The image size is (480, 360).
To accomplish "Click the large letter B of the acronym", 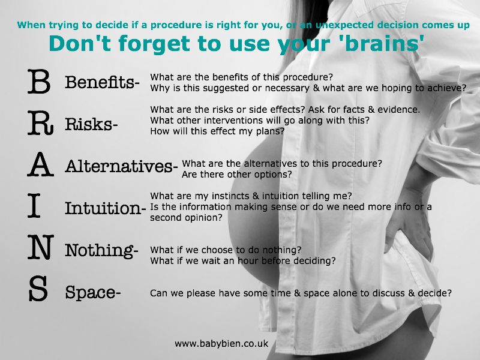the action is [x=39, y=81].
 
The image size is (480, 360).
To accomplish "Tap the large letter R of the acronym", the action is [x=40, y=123].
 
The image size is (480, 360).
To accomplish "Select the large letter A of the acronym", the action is [x=40, y=164].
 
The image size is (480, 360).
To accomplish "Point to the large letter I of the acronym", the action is [x=34, y=206].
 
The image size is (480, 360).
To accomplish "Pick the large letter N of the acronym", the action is [x=41, y=247].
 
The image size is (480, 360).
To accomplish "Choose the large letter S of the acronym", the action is [x=38, y=289].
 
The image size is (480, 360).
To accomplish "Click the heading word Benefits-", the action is [x=102, y=82].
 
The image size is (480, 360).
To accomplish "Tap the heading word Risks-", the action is [x=91, y=124].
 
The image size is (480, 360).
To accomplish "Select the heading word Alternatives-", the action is [x=121, y=166].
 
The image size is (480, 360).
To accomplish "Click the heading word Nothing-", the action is [x=101, y=251].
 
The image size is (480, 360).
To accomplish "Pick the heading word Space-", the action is [x=93, y=292].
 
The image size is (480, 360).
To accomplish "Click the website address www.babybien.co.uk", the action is [x=221, y=344].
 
